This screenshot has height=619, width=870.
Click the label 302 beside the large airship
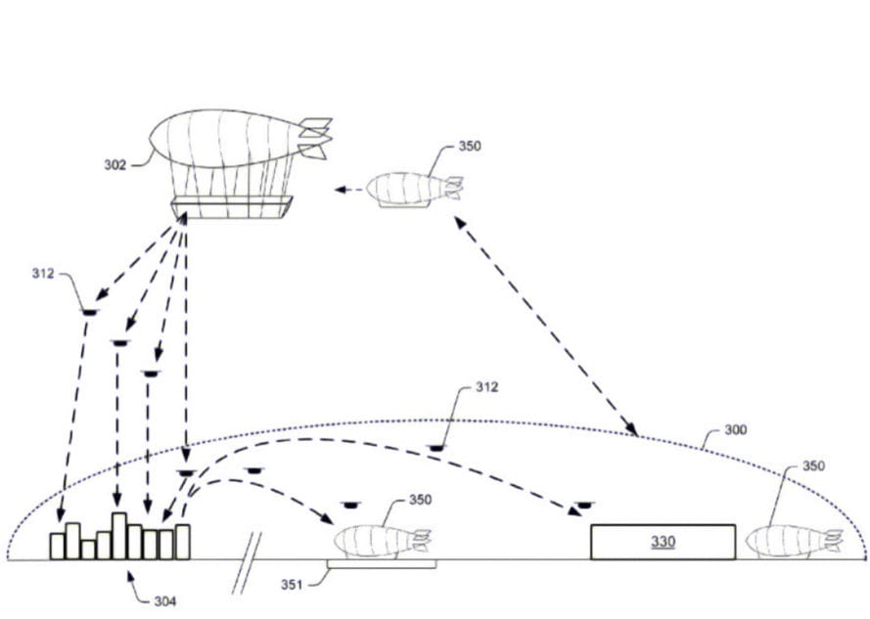[x=115, y=164]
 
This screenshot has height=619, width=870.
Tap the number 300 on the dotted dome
[x=735, y=429]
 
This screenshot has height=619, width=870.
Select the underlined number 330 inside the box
[x=663, y=541]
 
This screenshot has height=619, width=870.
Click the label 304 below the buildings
[x=164, y=600]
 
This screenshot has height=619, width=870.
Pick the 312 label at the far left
[x=44, y=273]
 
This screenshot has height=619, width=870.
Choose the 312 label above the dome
[x=486, y=387]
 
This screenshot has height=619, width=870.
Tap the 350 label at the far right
[x=813, y=465]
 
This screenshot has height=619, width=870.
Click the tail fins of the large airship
[x=314, y=138]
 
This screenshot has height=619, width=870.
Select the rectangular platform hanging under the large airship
[x=231, y=206]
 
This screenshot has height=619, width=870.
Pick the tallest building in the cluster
[x=119, y=535]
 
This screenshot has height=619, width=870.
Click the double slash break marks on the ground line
[x=248, y=563]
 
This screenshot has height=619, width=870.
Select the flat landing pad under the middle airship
[x=382, y=564]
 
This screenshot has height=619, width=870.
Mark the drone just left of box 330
[x=584, y=505]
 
